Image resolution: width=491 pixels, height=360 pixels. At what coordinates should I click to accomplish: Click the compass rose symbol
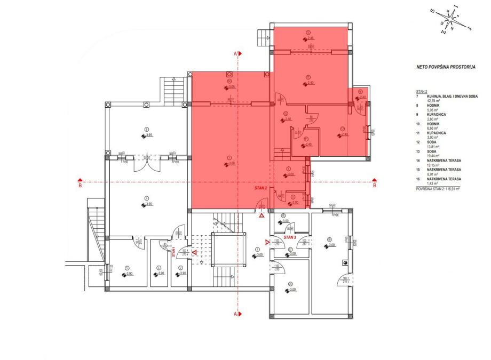(453, 20)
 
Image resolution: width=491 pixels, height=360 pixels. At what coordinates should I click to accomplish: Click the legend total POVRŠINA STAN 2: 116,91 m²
(438, 188)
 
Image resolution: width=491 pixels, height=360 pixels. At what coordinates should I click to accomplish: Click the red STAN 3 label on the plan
(290, 237)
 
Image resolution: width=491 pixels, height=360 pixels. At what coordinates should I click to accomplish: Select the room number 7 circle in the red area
(228, 157)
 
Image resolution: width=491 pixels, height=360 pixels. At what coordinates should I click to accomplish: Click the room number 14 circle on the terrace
(228, 81)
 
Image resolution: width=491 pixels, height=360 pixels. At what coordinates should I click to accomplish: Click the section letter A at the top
(235, 53)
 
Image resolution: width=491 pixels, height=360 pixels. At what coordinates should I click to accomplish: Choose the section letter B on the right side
(374, 186)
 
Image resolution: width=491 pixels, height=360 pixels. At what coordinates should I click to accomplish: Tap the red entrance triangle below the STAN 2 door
(262, 215)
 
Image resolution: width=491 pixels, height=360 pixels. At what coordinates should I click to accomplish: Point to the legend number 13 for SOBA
(418, 151)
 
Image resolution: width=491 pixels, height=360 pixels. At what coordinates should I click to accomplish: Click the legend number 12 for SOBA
(418, 142)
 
